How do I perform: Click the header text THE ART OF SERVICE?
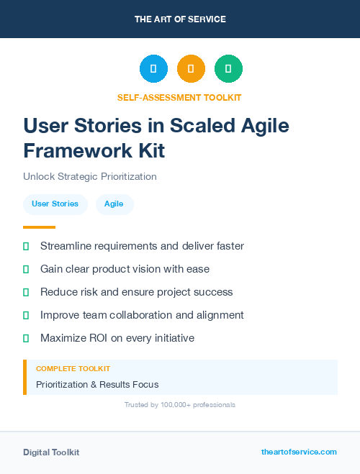(x=180, y=19)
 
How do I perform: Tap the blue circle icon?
(x=153, y=69)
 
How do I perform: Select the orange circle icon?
(x=191, y=69)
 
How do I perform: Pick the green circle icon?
(x=228, y=69)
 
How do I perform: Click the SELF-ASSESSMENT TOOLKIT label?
(x=179, y=97)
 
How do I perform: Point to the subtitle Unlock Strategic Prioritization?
(x=90, y=176)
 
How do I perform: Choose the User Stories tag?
(x=55, y=204)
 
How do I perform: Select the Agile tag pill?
(x=114, y=204)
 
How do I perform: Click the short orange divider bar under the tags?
(x=39, y=227)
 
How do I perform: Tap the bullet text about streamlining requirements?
(x=142, y=246)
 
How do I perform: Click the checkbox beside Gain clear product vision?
(x=26, y=269)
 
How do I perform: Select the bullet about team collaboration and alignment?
(x=142, y=315)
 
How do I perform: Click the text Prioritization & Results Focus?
(x=97, y=385)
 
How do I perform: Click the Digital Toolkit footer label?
(x=51, y=452)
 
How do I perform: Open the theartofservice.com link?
(x=299, y=452)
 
